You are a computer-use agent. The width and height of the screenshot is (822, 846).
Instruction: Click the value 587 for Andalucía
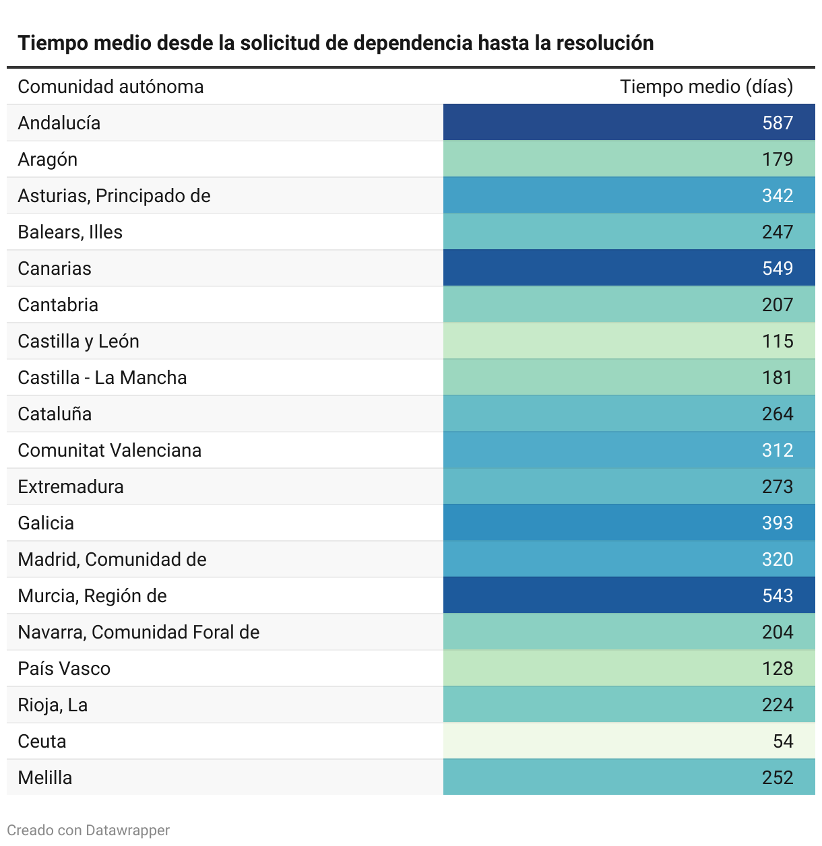point(777,123)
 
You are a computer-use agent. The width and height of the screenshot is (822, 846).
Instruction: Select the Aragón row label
point(48,159)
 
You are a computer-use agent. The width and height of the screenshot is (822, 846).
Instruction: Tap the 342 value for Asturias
point(777,195)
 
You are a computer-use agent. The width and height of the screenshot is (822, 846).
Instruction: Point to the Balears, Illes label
point(70,232)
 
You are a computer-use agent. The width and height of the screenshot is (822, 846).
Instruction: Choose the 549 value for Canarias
point(777,268)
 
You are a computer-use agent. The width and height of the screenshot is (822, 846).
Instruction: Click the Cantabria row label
point(58,304)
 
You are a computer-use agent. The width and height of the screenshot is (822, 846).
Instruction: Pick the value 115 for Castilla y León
point(777,341)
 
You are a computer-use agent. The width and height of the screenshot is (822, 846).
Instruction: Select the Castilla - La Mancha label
point(102,377)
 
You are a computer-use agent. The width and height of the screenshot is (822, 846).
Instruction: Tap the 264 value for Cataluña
point(777,414)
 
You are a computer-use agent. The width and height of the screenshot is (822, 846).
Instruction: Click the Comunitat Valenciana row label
point(110,450)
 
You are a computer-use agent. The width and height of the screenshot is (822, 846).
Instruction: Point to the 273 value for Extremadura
point(777,486)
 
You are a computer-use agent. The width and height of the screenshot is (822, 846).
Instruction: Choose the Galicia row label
point(46,523)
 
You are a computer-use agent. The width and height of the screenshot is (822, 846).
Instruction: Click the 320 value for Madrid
point(777,559)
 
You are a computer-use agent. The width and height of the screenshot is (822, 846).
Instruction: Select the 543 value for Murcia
point(777,595)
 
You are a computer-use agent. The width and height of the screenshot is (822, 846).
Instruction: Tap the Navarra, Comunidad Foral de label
point(139,632)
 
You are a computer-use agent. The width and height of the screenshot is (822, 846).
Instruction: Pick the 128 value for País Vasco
point(777,668)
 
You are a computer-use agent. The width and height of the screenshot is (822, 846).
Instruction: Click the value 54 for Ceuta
point(782,741)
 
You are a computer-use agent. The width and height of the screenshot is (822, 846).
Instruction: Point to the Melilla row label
point(45,777)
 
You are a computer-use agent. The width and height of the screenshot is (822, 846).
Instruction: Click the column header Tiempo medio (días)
point(706,86)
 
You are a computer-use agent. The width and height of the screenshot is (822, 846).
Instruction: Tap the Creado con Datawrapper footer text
point(88,830)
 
